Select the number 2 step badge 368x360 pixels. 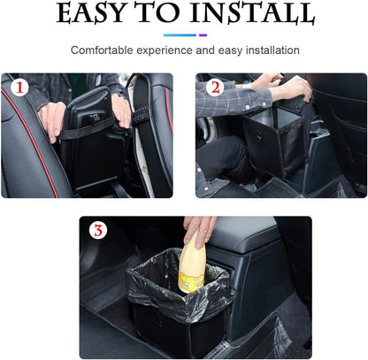point(214,89)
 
